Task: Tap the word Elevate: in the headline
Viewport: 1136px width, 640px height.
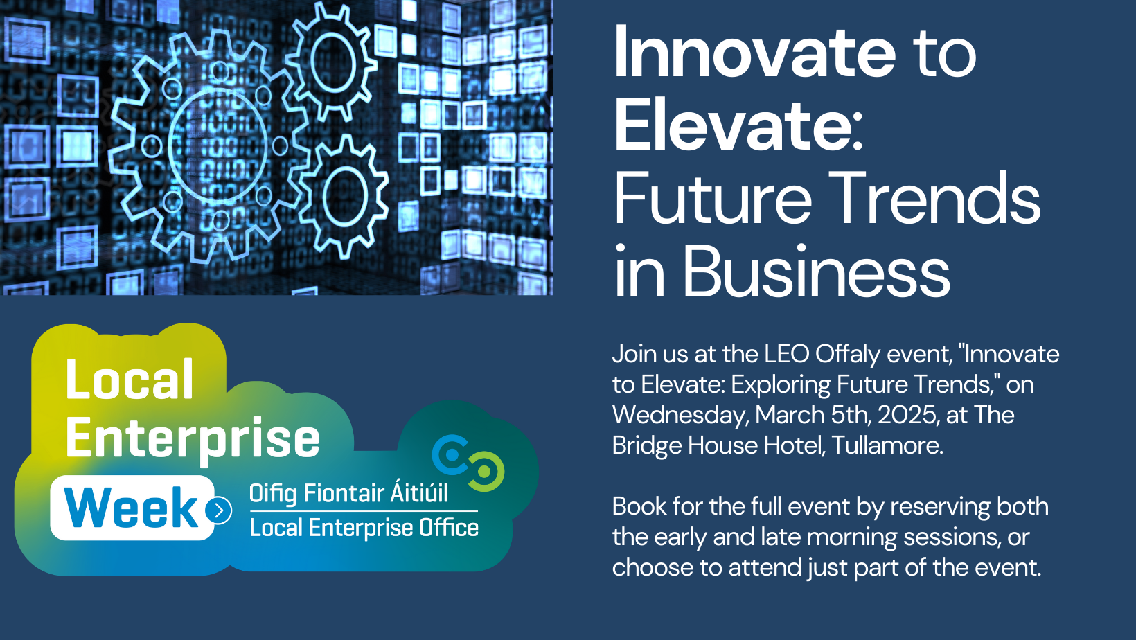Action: (738, 125)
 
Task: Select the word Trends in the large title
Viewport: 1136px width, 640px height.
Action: (934, 199)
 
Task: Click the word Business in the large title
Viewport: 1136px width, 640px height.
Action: (817, 272)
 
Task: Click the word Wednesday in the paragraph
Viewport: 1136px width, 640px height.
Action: (680, 415)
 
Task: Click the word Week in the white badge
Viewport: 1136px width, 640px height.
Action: (132, 508)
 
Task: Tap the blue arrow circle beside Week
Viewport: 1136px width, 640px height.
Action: (219, 510)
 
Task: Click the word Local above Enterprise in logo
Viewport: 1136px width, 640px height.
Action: (130, 380)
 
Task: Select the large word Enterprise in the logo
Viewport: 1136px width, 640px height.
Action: (193, 438)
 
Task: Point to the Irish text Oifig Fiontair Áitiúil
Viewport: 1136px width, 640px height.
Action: (348, 493)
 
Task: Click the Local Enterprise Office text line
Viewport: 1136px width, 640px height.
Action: (364, 528)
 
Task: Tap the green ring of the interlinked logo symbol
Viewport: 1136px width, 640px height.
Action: (485, 472)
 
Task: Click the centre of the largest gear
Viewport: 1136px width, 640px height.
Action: (218, 146)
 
